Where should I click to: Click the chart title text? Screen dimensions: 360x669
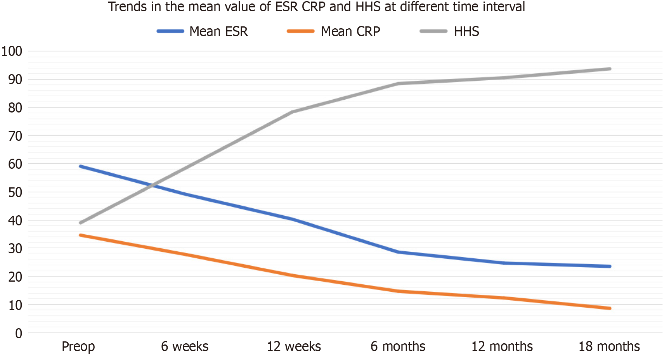[x=316, y=7]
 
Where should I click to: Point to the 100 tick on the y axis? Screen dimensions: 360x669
[x=12, y=51]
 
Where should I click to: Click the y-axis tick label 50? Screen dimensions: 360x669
[x=15, y=192]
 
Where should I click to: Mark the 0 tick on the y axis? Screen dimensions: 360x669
[x=18, y=333]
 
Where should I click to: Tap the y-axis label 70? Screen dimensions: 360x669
[x=15, y=136]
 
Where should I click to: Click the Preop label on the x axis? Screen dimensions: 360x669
[x=78, y=346]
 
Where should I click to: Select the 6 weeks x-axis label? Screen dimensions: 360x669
[x=185, y=346]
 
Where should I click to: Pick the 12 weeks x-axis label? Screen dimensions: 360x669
[x=294, y=346]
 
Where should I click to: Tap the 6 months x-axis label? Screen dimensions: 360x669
[x=398, y=346]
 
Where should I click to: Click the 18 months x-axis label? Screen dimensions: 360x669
[x=609, y=346]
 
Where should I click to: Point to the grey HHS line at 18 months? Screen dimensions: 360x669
[x=610, y=69]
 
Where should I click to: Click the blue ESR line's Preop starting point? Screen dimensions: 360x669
[x=80, y=166]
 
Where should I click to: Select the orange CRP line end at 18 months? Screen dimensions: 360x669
[x=610, y=308]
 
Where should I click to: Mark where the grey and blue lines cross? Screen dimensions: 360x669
[x=154, y=185]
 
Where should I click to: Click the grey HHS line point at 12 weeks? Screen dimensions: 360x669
[x=292, y=112]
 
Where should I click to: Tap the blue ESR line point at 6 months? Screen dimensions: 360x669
[x=399, y=252]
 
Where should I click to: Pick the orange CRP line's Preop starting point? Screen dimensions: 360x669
[x=80, y=235]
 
